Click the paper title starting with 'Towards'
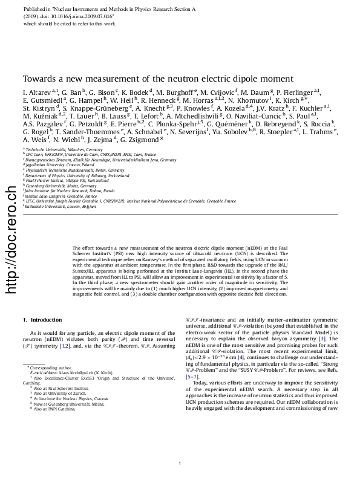[x=158, y=79]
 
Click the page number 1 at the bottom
[x=180, y=464]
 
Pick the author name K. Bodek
[x=139, y=91]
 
